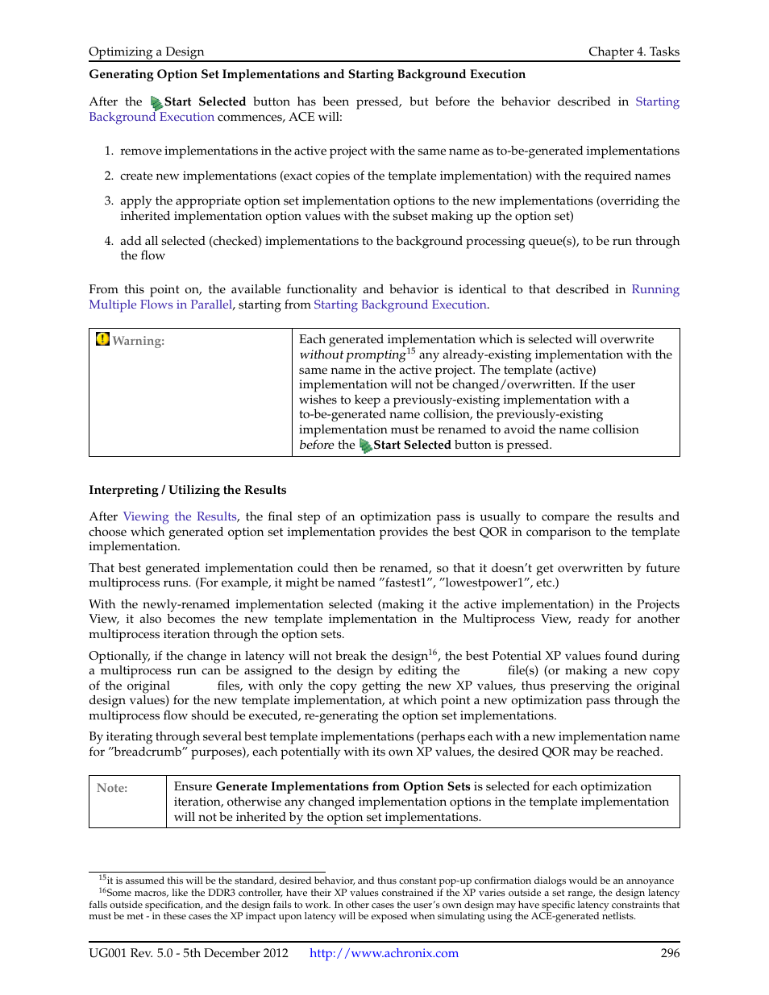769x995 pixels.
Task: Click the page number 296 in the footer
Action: (670, 953)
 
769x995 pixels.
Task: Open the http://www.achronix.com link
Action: (384, 953)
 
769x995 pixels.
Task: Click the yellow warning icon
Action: (102, 339)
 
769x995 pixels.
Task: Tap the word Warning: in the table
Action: (138, 341)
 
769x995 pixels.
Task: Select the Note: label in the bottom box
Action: (112, 788)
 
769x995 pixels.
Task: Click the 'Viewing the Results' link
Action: (180, 516)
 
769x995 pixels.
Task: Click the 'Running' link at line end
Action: (655, 289)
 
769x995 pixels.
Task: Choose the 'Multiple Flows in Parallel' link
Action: (160, 305)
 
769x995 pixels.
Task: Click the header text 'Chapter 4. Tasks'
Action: (634, 52)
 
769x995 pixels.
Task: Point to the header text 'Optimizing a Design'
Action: (146, 52)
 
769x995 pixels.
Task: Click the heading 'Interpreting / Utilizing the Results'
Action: (187, 490)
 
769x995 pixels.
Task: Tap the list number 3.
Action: (108, 201)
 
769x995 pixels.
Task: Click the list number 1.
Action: (108, 151)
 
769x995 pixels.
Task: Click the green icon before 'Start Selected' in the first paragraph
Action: (156, 103)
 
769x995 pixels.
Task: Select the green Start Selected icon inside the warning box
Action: (365, 446)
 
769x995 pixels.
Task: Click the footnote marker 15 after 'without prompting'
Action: (411, 351)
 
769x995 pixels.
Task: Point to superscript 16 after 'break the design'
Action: (433, 653)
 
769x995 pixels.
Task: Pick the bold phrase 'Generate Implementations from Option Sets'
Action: (343, 786)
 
